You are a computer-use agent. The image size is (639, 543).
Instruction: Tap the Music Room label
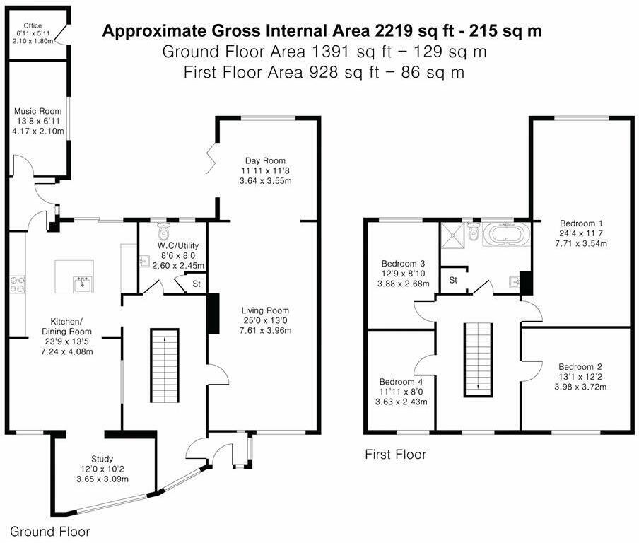[x=39, y=111]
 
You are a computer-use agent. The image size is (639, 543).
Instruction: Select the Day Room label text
[x=265, y=160]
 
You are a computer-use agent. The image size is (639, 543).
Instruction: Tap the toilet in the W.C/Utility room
[x=165, y=232]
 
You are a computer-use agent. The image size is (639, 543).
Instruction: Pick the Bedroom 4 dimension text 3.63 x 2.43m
[x=399, y=402]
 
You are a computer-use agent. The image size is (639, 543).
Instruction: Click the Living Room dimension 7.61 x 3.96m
[x=265, y=330]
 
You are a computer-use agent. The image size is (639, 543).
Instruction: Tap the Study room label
[x=102, y=459]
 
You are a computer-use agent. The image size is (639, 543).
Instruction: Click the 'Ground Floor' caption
[x=49, y=531]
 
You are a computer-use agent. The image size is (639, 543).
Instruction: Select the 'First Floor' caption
[x=395, y=455]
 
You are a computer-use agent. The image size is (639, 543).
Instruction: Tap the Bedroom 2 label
[x=580, y=367]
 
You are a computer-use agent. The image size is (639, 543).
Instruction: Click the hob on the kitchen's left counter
[x=17, y=284]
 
